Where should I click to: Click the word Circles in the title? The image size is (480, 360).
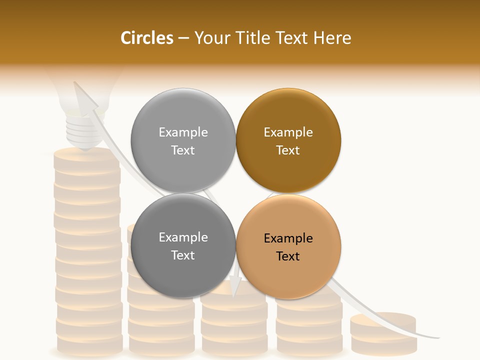coord(147,38)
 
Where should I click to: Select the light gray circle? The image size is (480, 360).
coord(183,140)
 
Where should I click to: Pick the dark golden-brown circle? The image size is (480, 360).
coord(288,140)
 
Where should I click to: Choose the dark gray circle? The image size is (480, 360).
coord(183,245)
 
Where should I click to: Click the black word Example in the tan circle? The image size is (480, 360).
coord(288,238)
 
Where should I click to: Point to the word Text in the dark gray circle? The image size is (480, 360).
coord(183,255)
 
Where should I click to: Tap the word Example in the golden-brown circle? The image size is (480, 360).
coord(288,132)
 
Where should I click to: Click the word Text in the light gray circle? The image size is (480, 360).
coord(183,150)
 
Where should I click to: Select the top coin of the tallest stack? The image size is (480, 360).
coord(86,155)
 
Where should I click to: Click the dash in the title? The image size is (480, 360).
coord(183,38)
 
